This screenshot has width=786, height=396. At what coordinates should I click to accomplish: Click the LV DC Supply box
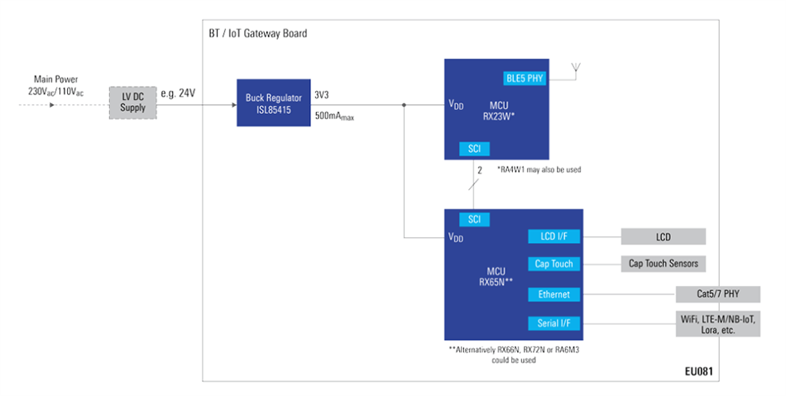click(132, 103)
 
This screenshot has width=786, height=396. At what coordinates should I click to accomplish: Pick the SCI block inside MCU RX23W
click(474, 149)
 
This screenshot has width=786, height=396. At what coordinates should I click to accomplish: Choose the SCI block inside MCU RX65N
click(474, 219)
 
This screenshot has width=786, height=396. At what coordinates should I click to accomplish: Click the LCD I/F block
click(554, 237)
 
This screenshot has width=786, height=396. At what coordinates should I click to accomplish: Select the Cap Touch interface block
click(554, 264)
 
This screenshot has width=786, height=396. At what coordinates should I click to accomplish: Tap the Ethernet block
click(554, 294)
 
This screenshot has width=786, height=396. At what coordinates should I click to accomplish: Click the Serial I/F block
click(554, 323)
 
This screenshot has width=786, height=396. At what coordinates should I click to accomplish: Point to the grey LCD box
click(663, 237)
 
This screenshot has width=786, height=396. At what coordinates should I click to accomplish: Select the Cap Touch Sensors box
click(663, 264)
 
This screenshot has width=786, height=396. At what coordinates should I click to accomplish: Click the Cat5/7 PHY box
click(717, 294)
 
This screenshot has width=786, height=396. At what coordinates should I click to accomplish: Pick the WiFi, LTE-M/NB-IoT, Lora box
click(717, 324)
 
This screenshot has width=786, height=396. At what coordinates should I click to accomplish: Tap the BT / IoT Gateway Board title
click(258, 33)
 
